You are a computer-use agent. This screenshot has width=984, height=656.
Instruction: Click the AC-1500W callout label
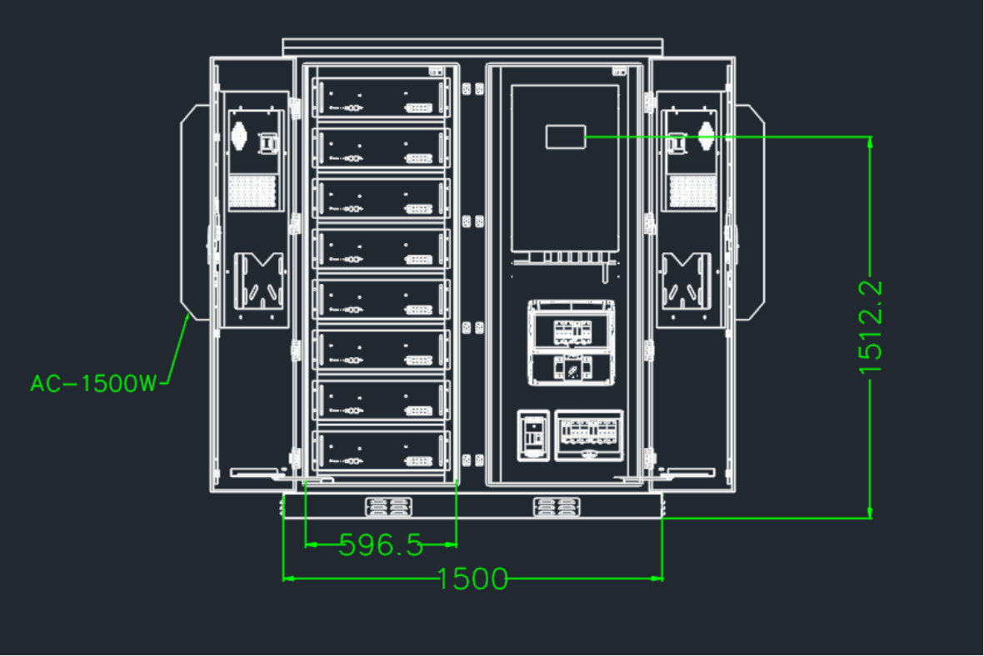click(92, 383)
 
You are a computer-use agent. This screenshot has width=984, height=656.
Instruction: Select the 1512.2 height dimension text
click(871, 327)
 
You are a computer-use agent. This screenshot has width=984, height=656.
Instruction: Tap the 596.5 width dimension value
click(381, 545)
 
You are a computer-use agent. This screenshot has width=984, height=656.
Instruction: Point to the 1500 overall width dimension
click(472, 579)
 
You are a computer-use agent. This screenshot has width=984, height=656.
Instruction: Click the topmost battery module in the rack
click(381, 98)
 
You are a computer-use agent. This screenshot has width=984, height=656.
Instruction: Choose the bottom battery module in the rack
click(381, 450)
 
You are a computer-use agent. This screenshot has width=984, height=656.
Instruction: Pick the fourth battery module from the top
click(381, 249)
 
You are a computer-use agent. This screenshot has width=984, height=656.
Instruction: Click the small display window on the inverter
click(566, 137)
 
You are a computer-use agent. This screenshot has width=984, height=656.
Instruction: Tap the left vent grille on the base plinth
click(388, 506)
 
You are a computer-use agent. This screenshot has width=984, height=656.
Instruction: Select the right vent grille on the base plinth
click(557, 506)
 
